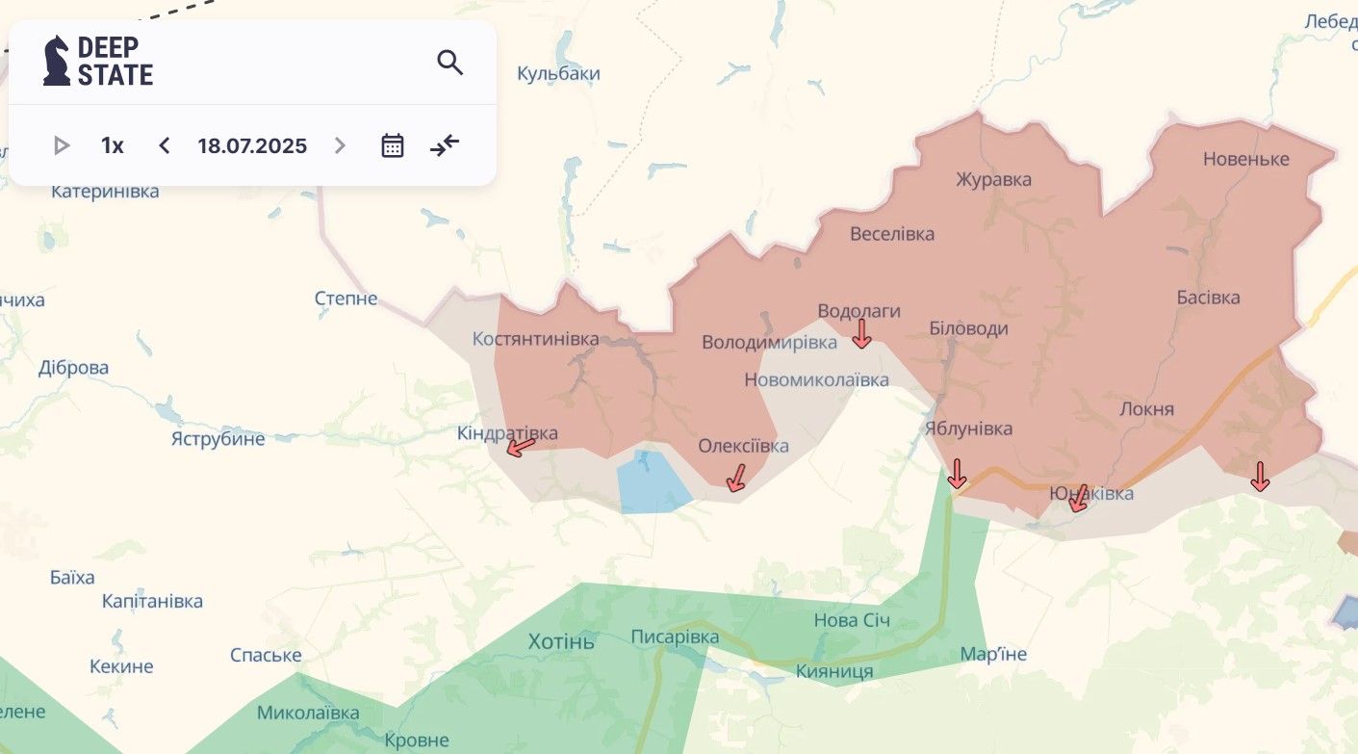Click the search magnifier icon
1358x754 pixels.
[x=449, y=63]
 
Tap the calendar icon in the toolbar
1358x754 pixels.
[x=392, y=145]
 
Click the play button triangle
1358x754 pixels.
[x=62, y=145]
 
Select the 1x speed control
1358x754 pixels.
[x=113, y=145]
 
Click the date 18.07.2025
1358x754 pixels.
[x=252, y=145]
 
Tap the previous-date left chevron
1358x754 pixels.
[x=164, y=145]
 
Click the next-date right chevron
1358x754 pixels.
[x=340, y=145]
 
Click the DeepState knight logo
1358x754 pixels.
[x=57, y=61]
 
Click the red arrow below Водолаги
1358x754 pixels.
[x=861, y=334]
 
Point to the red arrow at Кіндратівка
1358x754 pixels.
[x=521, y=447]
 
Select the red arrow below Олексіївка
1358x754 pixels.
[x=736, y=478]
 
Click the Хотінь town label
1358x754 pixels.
[x=562, y=641]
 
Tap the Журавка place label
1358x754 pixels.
[x=993, y=179]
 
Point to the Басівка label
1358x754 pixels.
[x=1208, y=298]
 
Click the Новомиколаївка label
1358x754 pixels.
[x=816, y=380]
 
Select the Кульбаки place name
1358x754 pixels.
[x=558, y=73]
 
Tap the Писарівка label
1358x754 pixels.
[x=675, y=637]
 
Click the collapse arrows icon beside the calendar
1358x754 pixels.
[x=445, y=145]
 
